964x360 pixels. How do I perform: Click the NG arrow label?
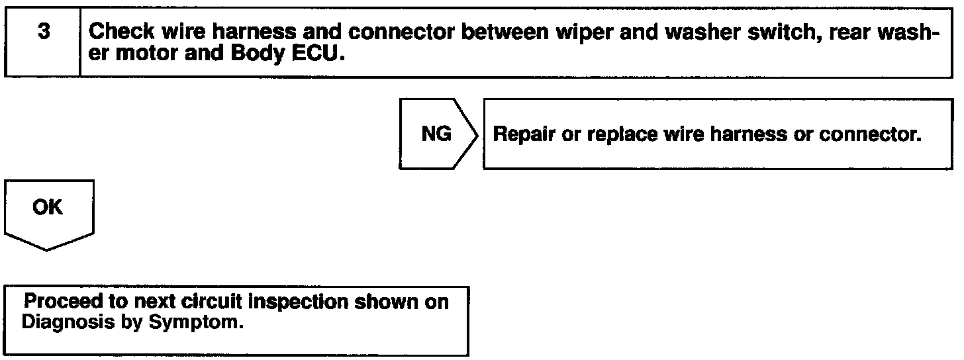(x=437, y=134)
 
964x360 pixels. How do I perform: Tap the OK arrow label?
(x=48, y=208)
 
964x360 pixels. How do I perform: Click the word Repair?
(x=524, y=135)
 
